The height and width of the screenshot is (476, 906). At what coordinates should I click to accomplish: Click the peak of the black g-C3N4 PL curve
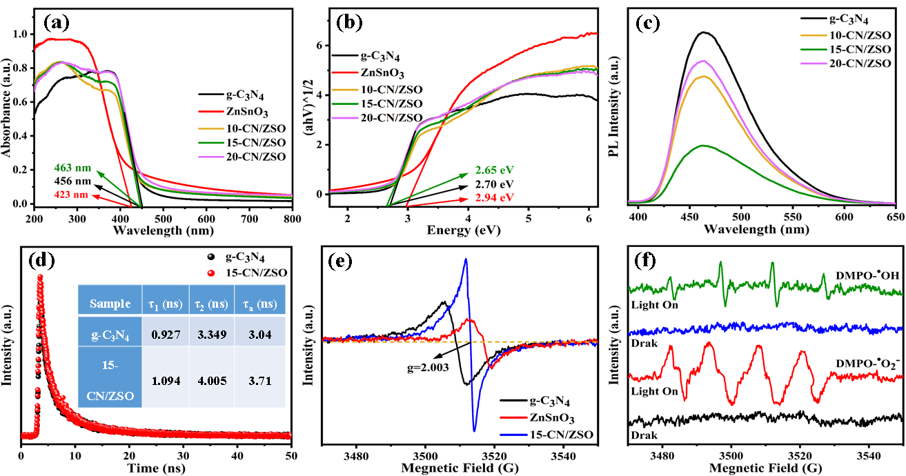click(x=704, y=32)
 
